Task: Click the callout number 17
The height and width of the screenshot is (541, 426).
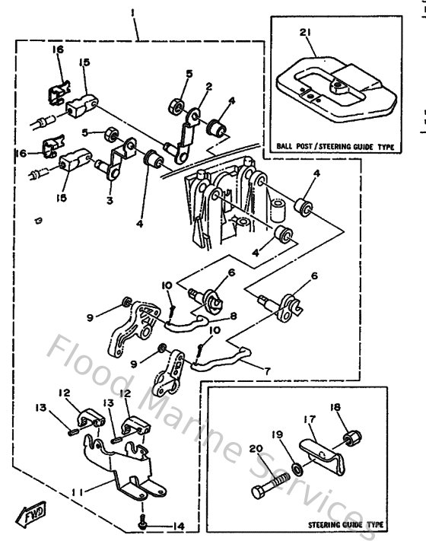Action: (310, 418)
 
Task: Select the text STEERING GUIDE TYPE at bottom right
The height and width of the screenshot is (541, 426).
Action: (345, 524)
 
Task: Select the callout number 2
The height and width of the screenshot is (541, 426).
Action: (207, 85)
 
